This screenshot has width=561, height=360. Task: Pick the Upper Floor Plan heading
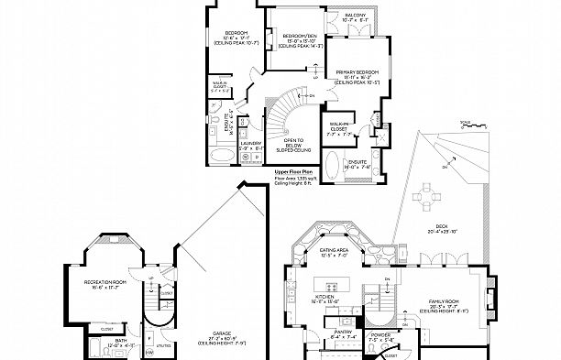[x=294, y=171]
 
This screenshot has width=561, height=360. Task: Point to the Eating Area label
[x=333, y=251]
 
